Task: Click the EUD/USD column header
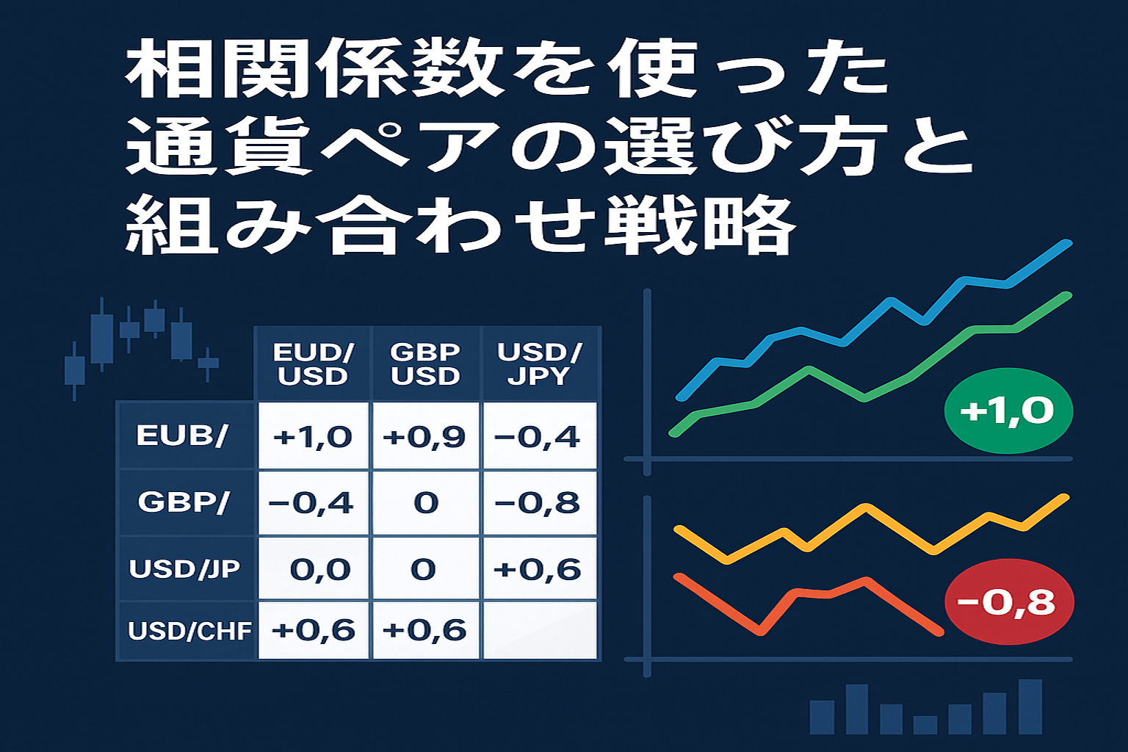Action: tap(313, 364)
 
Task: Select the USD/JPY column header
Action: tap(539, 364)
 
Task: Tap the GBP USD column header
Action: tap(425, 364)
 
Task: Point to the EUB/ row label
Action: tap(182, 435)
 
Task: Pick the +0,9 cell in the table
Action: tap(425, 435)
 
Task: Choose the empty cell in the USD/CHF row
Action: tap(540, 630)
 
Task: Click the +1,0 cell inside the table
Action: tap(314, 435)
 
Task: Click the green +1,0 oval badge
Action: tap(1008, 411)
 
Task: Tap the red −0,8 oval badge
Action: tap(1009, 601)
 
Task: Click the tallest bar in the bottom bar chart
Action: tap(1030, 706)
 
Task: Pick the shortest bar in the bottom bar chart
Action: tap(925, 725)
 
